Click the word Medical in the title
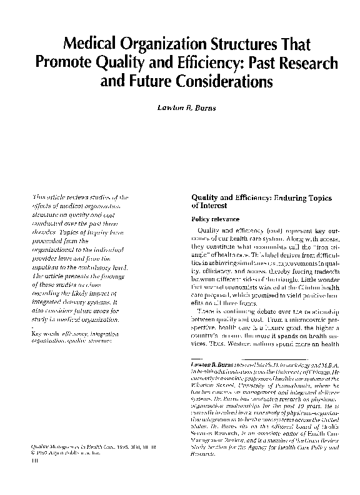click(92, 45)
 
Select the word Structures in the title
click(246, 45)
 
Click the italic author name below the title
click(180, 107)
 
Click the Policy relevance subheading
click(214, 219)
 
